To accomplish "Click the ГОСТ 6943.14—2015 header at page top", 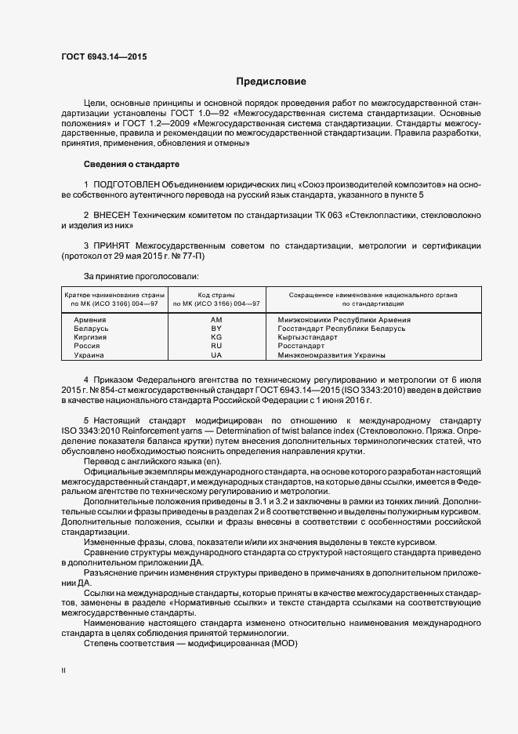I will pos(103,56).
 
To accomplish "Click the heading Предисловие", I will pos(271,82).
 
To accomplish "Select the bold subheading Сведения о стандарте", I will pos(132,165).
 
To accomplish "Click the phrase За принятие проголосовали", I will pos(140,276).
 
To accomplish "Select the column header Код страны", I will pos(216,294).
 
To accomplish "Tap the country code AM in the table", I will pos(216,320).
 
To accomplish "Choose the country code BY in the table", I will pos(216,329).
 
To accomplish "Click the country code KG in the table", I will pos(216,337).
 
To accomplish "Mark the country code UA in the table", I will pos(216,355).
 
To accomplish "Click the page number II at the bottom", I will pos(63,671).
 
